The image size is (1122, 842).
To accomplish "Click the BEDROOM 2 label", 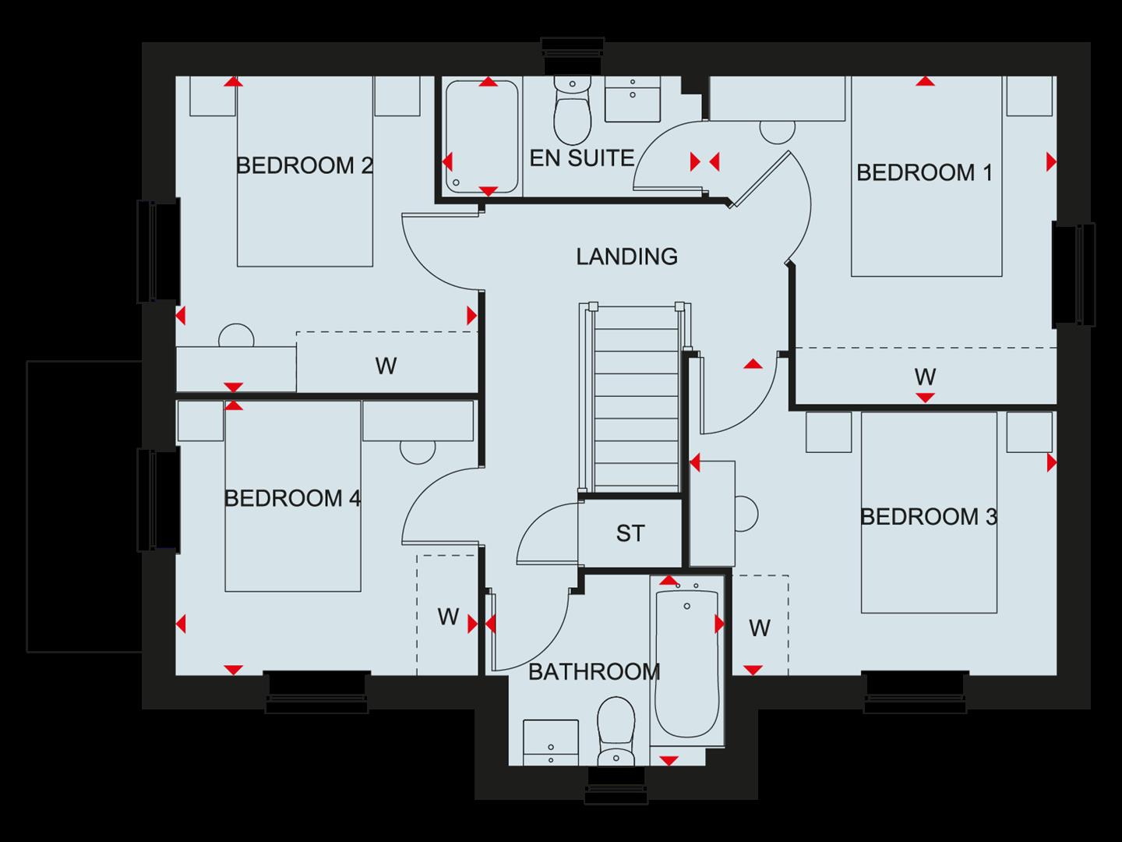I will coord(304,166).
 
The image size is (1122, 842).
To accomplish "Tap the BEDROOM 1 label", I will coord(924,172).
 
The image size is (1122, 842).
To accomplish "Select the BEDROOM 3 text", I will coord(928,517).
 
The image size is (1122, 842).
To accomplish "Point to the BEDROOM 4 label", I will coord(292,498).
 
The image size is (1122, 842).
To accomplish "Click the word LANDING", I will coord(626,256).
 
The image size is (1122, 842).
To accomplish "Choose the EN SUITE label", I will coord(581,158).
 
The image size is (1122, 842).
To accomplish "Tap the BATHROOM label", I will coord(594,671).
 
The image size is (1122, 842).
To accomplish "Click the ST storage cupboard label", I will coord(630,533).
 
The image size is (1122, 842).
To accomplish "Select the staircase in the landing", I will coord(635,398).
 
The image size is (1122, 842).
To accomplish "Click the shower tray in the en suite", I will coord(481,136).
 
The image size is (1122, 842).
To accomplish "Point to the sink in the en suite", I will coord(632,99).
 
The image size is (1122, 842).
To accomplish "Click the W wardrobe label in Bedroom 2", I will coord(386,365).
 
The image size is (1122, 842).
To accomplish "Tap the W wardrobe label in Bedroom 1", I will coord(924,377).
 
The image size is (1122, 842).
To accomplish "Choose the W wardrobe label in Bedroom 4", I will coord(447,617).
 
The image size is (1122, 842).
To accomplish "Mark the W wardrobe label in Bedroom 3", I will coord(759,628).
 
